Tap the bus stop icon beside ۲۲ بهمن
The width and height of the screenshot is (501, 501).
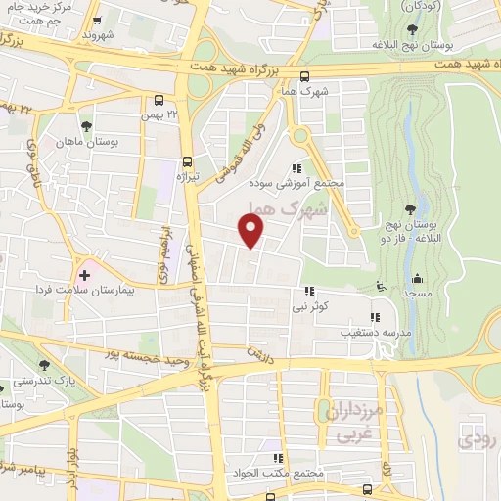159,100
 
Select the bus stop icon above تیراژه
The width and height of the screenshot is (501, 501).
188,162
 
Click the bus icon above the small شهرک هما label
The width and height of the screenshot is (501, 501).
305,77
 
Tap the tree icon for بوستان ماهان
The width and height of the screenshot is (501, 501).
87,126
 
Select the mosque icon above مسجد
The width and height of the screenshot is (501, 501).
418,278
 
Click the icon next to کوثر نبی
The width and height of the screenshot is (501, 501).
310,291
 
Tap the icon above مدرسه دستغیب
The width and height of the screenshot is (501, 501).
375,316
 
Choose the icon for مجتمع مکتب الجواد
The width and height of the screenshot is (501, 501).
278,457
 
